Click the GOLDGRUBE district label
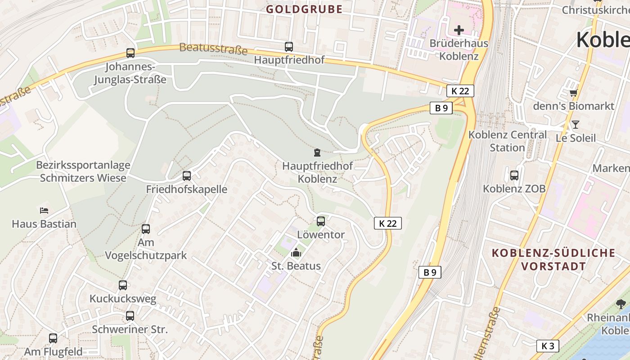[304, 9]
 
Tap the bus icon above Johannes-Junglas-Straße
[130, 53]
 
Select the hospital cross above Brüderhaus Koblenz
[459, 30]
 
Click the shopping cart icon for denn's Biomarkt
[573, 93]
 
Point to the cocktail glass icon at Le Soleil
[575, 125]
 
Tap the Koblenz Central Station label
[507, 141]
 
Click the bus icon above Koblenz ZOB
[514, 175]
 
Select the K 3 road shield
[548, 346]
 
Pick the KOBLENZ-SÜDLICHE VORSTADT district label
[553, 259]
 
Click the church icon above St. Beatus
[296, 253]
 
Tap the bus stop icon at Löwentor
[321, 221]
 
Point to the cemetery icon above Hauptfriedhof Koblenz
[317, 153]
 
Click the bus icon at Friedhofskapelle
[187, 176]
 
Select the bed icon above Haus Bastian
[44, 210]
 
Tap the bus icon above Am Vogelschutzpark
[146, 229]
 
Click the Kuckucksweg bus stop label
[123, 299]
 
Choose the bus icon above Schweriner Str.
[130, 316]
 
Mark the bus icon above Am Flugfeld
[53, 338]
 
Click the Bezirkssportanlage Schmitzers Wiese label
[83, 171]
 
